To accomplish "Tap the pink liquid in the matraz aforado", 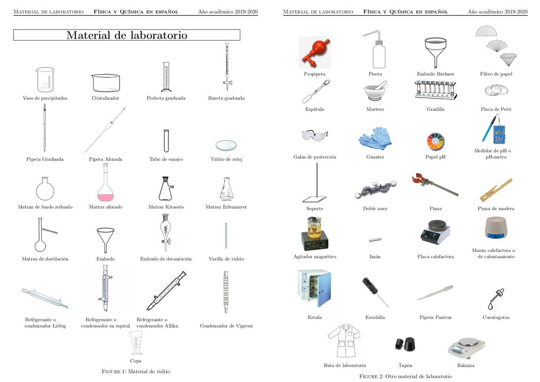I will [106, 196].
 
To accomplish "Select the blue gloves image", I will [376, 138].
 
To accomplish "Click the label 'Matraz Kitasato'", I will [166, 207].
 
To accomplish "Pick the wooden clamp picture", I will [495, 189].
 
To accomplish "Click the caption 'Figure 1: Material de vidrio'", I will [136, 372].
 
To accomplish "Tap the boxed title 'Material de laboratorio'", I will [126, 35].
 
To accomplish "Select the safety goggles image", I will [315, 135].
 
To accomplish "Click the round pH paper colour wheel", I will [436, 141].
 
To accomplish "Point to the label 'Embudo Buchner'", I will [436, 74].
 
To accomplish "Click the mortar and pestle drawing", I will [375, 91].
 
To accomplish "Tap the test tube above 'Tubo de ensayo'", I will [166, 141].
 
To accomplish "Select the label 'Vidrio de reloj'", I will [226, 159].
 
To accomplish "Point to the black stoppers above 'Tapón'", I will [405, 344].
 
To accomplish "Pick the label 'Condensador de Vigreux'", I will [226, 326].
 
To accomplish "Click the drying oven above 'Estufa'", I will [314, 288].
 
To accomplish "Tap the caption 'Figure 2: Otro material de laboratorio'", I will [405, 376].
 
